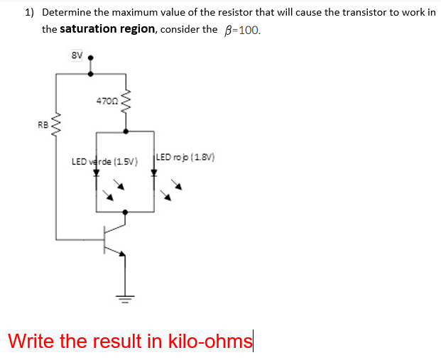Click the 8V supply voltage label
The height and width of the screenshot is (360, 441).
77,55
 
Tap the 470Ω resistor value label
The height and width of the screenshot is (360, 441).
107,102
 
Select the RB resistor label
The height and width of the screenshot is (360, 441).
43,124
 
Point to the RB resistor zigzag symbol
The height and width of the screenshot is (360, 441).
57,126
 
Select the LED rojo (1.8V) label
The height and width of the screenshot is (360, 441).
185,158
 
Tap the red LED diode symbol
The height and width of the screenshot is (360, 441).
154,175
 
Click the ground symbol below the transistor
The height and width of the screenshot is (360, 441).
126,297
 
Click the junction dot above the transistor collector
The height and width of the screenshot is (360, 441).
126,212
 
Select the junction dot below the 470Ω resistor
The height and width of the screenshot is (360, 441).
126,131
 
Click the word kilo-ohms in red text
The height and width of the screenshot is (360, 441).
209,341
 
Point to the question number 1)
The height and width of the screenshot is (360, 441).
30,13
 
